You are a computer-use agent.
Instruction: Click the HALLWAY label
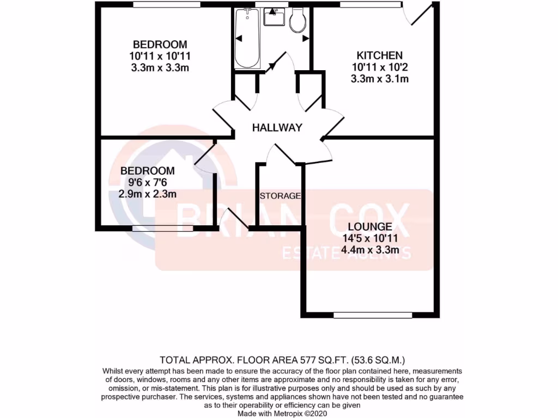coord(277,128)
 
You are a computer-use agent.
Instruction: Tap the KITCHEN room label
coord(379,56)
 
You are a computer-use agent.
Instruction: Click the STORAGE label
coord(280,196)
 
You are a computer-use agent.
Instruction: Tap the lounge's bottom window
coord(373,315)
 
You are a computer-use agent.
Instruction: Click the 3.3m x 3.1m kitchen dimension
coord(379,79)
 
